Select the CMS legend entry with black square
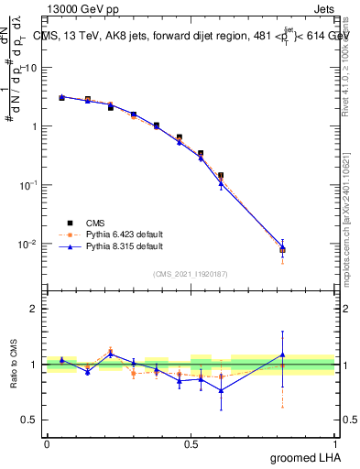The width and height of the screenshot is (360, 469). tap(83, 223)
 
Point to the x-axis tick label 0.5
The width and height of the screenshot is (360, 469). tap(191, 444)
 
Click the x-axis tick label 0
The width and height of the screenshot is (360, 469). tap(47, 444)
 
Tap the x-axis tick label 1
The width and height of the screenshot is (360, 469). tap(335, 444)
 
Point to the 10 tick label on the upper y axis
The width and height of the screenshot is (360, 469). tap(31, 68)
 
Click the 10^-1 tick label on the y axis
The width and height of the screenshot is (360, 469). tap(28, 185)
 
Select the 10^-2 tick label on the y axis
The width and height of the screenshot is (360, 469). tap(28, 244)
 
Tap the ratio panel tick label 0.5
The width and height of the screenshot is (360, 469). tap(30, 420)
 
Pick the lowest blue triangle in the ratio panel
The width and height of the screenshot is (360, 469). tap(221, 390)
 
